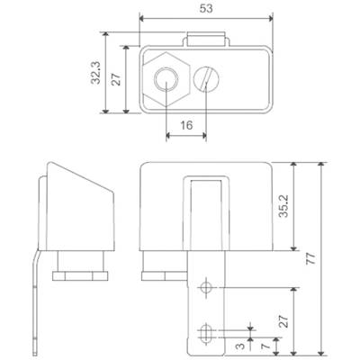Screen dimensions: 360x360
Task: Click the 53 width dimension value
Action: tap(206, 8)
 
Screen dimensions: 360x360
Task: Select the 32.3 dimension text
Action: tap(96, 73)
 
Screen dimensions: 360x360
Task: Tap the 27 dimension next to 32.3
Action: tap(116, 79)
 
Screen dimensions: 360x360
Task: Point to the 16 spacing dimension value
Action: tap(186, 125)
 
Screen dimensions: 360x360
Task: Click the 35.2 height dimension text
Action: tap(283, 206)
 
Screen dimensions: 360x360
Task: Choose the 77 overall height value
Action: tap(311, 258)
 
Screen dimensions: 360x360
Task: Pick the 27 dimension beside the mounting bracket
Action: tap(283, 321)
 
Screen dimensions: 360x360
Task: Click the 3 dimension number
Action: tap(239, 346)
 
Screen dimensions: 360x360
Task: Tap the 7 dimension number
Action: tap(265, 346)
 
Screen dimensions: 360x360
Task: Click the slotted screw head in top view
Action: tap(206, 79)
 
